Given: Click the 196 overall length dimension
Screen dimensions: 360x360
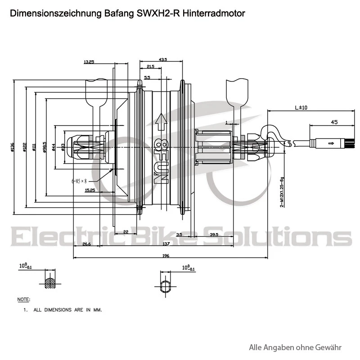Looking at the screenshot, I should coord(165,256).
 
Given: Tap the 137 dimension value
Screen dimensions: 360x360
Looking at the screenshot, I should coord(166,244).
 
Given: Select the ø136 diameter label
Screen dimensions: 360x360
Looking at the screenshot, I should coord(12,147).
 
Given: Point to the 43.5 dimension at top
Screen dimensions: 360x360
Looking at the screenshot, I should coord(162,59).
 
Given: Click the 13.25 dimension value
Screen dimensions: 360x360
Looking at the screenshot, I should coord(89,62).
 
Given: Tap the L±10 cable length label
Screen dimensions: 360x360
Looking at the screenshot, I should coord(301,108).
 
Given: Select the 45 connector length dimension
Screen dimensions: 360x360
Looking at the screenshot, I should coord(334,122).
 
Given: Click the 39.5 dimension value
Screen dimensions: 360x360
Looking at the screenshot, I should coord(214,234).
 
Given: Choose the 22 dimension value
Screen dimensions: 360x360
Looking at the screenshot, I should coord(126,231).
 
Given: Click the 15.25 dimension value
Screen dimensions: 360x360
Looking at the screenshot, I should coord(90,190).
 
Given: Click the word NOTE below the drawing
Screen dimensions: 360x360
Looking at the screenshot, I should coord(23,299).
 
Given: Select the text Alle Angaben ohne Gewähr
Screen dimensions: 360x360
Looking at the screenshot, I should coord(295,347).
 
